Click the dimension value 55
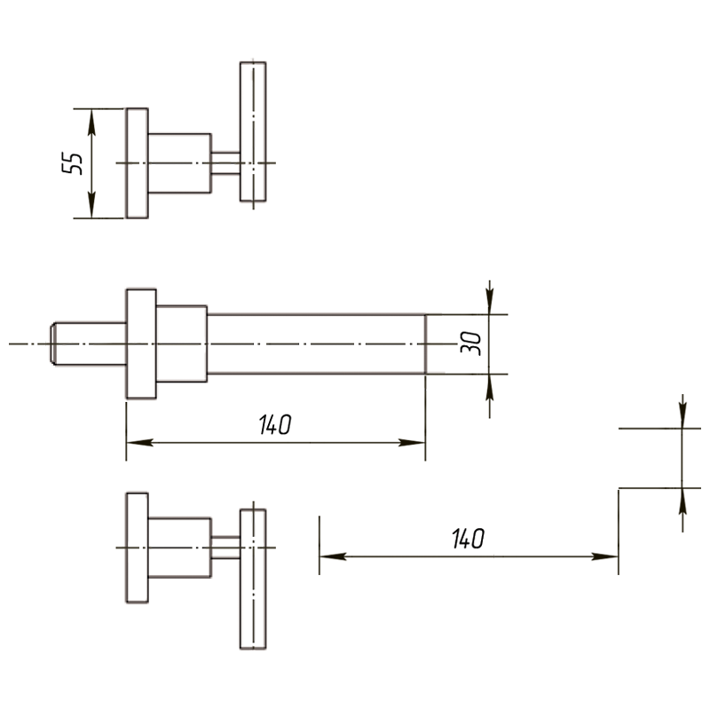(73, 163)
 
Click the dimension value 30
(471, 343)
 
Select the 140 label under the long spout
(275, 425)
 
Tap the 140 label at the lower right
(469, 539)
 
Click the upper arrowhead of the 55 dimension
(91, 122)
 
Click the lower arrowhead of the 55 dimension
(91, 205)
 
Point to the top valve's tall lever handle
(253, 131)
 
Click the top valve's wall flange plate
(137, 163)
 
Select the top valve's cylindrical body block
(180, 163)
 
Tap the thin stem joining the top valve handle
(225, 163)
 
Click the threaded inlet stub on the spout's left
(88, 343)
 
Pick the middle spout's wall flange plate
(141, 343)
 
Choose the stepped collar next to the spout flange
(182, 343)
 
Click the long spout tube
(317, 343)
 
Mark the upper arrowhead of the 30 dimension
(490, 301)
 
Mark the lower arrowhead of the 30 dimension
(490, 388)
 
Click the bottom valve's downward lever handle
(253, 580)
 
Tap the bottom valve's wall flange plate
(137, 548)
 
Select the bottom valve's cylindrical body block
(180, 548)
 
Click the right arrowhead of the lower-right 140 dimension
(605, 556)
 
